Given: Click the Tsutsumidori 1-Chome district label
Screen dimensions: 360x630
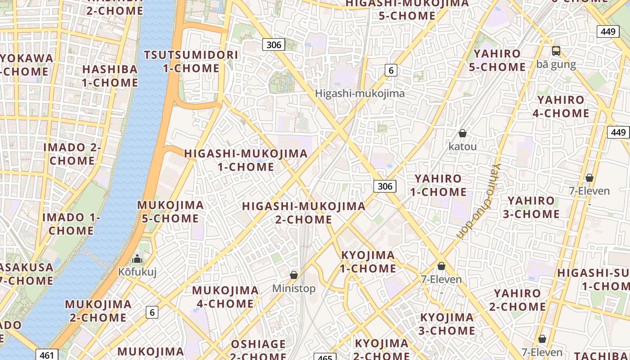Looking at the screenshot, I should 191,62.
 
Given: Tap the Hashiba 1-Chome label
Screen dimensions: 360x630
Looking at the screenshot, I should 110,76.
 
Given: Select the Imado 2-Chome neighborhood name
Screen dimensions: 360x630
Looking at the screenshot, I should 72,154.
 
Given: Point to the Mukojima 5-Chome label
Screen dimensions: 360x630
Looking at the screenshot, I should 170,212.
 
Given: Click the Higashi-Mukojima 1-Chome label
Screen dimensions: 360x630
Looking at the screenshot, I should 246,160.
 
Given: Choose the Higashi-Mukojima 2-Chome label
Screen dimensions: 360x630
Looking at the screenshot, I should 304,213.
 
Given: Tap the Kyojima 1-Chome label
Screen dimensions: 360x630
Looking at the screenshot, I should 368,262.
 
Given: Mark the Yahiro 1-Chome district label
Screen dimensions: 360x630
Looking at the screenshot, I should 438,185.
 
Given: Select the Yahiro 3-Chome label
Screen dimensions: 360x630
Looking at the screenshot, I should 531,207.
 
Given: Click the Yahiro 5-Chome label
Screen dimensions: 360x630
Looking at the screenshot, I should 497,60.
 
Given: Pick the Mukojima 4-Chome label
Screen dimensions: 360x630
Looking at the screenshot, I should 225,297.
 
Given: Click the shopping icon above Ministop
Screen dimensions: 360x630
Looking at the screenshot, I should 294,274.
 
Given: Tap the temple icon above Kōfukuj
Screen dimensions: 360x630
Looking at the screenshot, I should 137,259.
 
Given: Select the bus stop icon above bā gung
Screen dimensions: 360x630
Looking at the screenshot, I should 556,51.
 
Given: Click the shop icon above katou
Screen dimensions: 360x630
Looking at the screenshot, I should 462,133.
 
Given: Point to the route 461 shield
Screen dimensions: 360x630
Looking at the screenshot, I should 47,355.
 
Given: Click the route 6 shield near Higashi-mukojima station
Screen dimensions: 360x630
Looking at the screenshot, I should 391,70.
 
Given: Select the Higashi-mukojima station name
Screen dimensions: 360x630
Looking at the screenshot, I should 360,94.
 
